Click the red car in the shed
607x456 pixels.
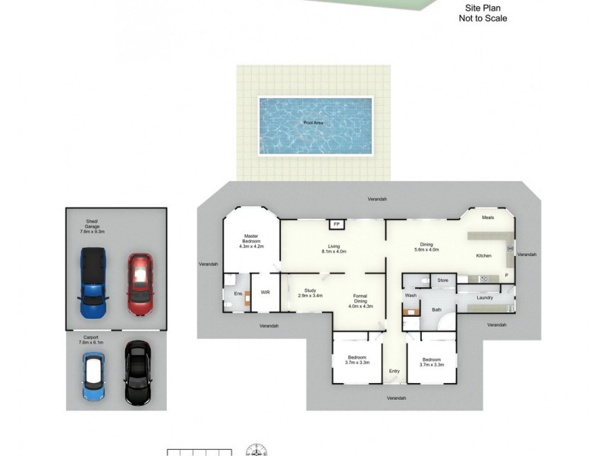140,284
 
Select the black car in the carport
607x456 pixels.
137,372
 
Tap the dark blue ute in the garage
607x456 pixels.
93,283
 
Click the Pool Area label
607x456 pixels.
314,122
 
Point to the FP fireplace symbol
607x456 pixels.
335,224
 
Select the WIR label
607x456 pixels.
266,292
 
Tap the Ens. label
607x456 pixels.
237,293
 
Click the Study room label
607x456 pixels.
310,290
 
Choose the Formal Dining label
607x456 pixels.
360,296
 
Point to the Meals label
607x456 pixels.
489,218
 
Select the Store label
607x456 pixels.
443,280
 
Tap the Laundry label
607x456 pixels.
486,297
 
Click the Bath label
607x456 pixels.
437,309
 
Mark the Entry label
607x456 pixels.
395,371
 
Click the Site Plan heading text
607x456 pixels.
483,8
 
